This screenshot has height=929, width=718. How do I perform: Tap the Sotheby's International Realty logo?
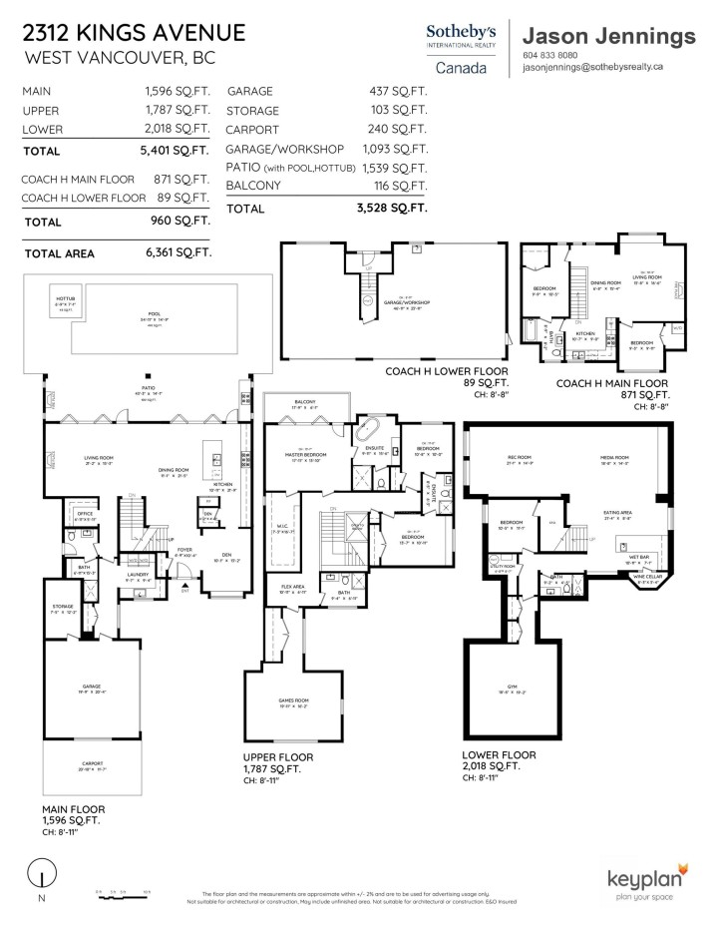[462, 48]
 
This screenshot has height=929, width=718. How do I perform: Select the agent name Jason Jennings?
[608, 36]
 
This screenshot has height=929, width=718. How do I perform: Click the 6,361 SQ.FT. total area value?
[178, 252]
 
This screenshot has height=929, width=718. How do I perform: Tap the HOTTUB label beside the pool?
[65, 299]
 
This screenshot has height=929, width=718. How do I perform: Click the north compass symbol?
[39, 876]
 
